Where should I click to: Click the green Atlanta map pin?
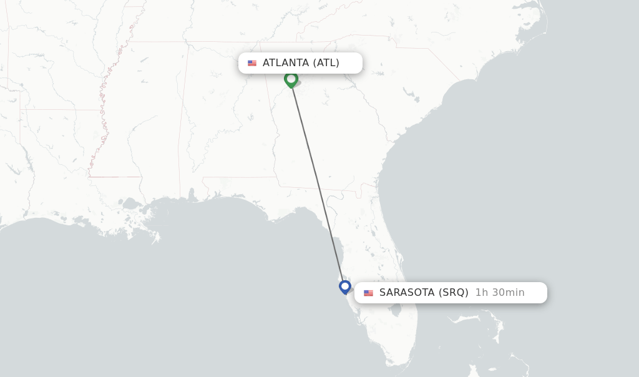[291, 79]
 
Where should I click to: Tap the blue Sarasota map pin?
[345, 286]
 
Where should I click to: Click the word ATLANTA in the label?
[286, 62]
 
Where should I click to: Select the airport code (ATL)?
[326, 62]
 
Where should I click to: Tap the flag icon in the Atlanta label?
[252, 63]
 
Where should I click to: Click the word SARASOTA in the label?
[406, 292]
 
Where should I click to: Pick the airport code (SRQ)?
[453, 292]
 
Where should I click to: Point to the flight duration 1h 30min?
[500, 292]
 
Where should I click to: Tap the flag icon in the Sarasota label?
[368, 293]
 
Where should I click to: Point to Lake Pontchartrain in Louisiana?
[131, 204]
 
